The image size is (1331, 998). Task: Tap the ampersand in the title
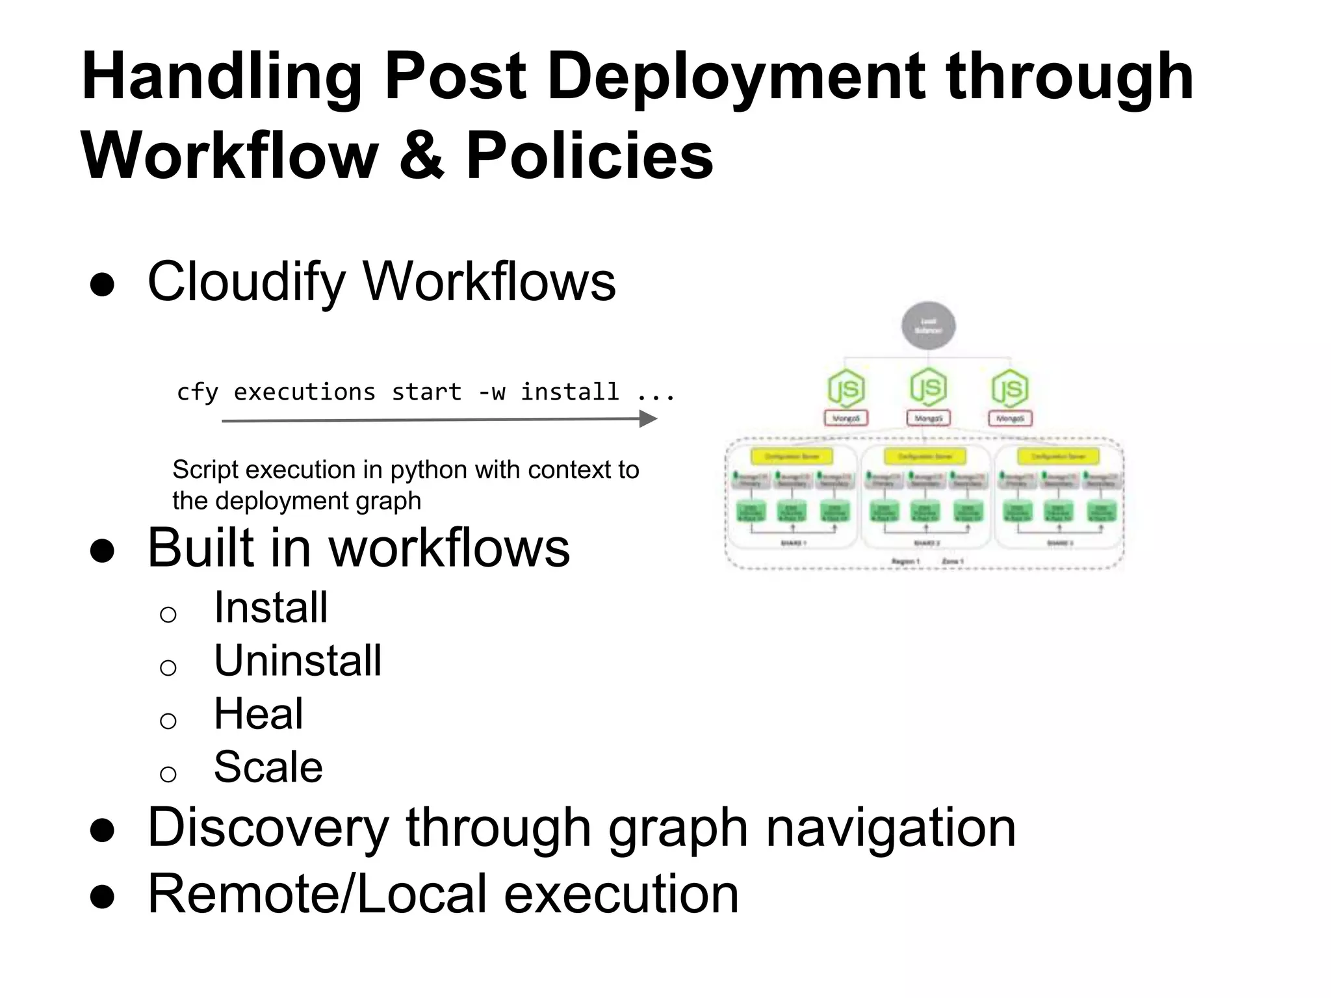point(421,156)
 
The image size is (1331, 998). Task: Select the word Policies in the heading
point(589,156)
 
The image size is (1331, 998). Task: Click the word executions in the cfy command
point(304,392)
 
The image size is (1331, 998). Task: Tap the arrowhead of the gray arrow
point(648,420)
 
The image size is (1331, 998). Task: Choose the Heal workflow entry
point(258,713)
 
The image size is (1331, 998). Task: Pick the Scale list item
point(268,767)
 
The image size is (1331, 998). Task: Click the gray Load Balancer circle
point(928,326)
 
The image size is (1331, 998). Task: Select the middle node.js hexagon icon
point(928,388)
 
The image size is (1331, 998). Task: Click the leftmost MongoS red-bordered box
point(846,418)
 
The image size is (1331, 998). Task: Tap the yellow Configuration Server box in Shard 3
point(1058,456)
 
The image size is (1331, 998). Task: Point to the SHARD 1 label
point(794,543)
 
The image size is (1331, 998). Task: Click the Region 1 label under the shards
point(905,561)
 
